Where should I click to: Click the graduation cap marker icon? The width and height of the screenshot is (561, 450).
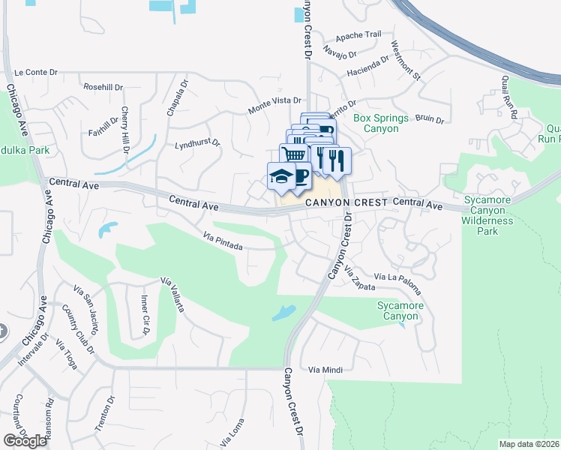280,176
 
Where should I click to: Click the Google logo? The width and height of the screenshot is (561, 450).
25,440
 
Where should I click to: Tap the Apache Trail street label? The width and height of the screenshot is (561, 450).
358,34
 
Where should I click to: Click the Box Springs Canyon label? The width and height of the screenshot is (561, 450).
381,124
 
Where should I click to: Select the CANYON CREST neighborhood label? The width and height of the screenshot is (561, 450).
345,203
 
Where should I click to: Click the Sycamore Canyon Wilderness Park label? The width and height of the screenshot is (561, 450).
487,215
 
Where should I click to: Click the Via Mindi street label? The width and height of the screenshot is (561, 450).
325,370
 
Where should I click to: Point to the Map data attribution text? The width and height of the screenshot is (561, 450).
529,444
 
